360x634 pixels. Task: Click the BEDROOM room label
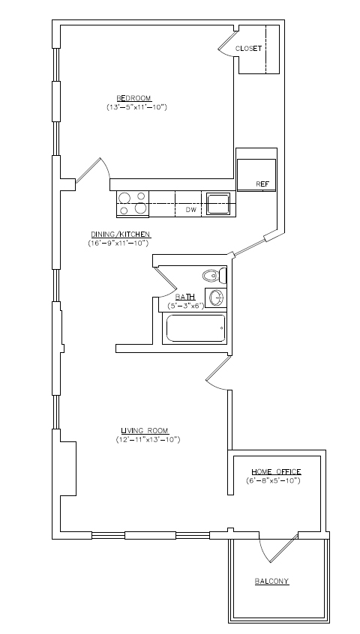pos(133,98)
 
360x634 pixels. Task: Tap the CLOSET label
pos(248,49)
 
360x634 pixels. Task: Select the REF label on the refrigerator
pos(262,184)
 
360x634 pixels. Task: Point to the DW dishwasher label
pos(191,210)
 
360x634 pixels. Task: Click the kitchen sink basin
pos(218,203)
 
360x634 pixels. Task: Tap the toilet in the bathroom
pos(214,276)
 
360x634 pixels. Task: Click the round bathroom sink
pos(217,298)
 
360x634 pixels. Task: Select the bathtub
pos(194,328)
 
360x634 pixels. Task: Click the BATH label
pos(184,298)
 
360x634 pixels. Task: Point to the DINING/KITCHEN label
pos(121,234)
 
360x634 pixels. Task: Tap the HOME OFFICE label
pos(276,472)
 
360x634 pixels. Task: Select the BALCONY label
pos(271,582)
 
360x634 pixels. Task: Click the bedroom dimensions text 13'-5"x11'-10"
pos(136,107)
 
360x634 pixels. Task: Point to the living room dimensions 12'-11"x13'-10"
pos(148,439)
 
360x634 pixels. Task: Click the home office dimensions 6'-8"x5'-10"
pos(273,481)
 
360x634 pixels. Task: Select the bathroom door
pos(166,280)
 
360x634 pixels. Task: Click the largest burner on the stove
pos(140,208)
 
